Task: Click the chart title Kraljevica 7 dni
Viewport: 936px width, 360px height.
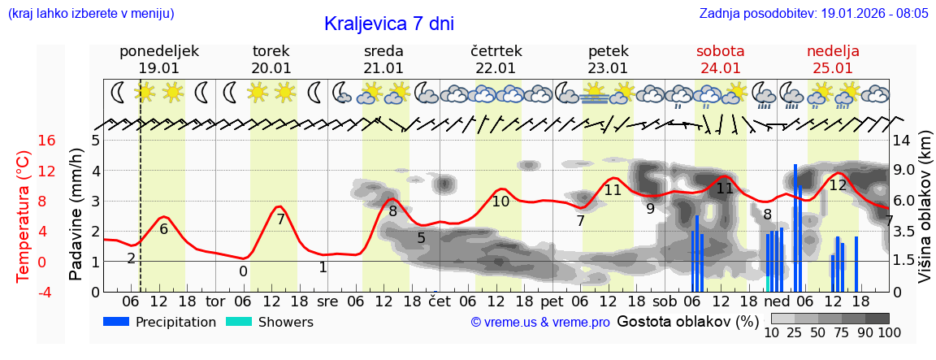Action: pyautogui.click(x=388, y=24)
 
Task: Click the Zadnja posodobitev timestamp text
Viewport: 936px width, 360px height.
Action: pyautogui.click(x=813, y=14)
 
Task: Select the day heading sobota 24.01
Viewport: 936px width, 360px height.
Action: pyautogui.click(x=720, y=59)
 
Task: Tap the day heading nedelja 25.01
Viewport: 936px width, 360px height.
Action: pyautogui.click(x=833, y=59)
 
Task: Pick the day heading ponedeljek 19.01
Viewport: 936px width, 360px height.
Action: pyautogui.click(x=158, y=59)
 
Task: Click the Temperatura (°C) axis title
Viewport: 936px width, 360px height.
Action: pyautogui.click(x=24, y=215)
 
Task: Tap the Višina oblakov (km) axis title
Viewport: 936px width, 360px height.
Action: pyautogui.click(x=924, y=215)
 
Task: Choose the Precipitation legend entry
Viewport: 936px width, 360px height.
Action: pyautogui.click(x=159, y=322)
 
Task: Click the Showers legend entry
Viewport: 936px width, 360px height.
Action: pyautogui.click(x=269, y=322)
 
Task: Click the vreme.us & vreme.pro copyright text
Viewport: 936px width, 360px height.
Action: pyautogui.click(x=540, y=323)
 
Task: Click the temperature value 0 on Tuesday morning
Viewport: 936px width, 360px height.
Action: pyautogui.click(x=243, y=271)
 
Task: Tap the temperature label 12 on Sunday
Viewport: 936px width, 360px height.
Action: pyautogui.click(x=838, y=185)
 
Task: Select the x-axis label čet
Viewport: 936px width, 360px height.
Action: pyautogui.click(x=440, y=301)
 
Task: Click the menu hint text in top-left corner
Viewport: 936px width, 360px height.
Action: pyautogui.click(x=90, y=14)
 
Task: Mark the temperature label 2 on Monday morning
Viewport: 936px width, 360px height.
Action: pyautogui.click(x=131, y=258)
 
